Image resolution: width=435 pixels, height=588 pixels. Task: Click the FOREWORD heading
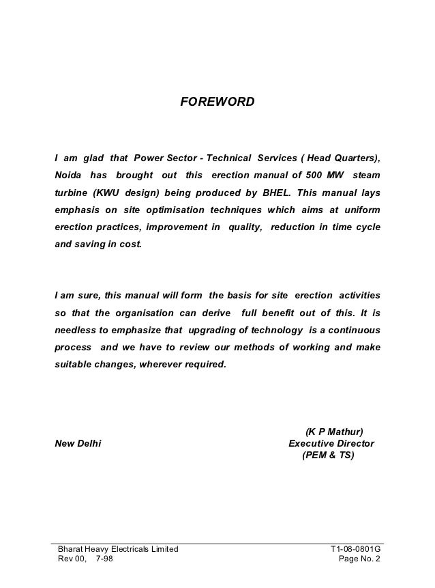217,102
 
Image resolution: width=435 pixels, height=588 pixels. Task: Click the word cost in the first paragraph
130,242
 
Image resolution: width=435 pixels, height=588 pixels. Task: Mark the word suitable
72,363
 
